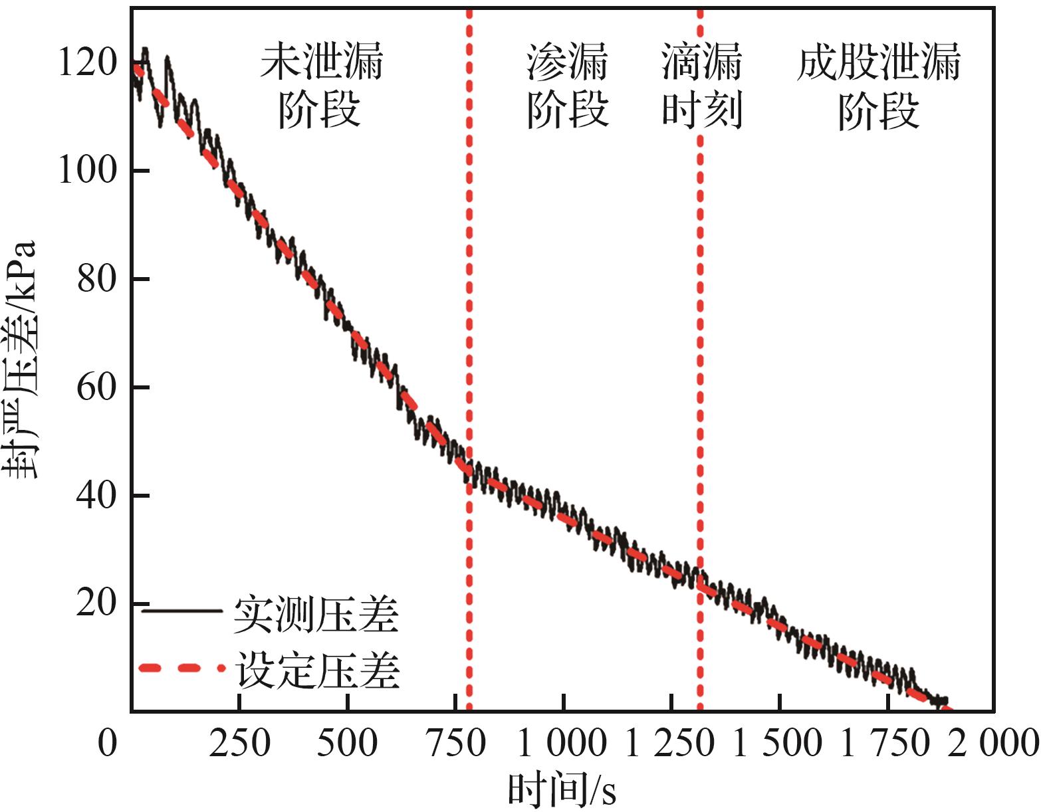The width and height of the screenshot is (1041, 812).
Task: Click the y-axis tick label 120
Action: (x=88, y=63)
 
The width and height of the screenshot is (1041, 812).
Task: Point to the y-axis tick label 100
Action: (x=88, y=170)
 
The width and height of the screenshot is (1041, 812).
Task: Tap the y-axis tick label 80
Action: (x=97, y=278)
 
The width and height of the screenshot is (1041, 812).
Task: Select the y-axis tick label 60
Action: (x=97, y=387)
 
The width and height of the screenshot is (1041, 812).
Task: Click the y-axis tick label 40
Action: (x=97, y=495)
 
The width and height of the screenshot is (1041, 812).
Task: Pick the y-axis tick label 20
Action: (x=97, y=603)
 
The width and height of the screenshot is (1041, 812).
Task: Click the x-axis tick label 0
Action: (x=108, y=742)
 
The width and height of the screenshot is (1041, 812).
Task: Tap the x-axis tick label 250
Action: (x=239, y=742)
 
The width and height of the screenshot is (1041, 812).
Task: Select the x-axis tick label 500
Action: (x=347, y=742)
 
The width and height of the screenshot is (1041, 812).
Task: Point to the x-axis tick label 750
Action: (x=455, y=742)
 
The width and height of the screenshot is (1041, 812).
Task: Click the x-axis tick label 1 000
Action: (x=562, y=742)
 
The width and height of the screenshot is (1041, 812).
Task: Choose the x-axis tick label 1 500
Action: (x=778, y=742)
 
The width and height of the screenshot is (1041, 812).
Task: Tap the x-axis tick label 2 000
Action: (x=993, y=742)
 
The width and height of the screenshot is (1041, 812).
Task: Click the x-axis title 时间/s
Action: (x=562, y=789)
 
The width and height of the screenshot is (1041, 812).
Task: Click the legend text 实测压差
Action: (x=316, y=615)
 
